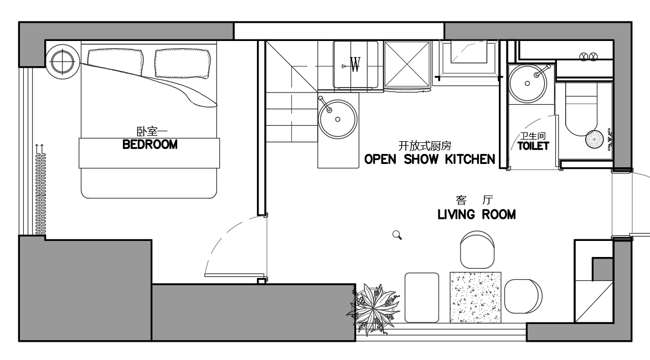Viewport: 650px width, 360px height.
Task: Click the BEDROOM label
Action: [150, 145]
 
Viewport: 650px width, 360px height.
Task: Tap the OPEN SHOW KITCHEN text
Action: [430, 159]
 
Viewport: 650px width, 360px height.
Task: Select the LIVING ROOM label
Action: [477, 214]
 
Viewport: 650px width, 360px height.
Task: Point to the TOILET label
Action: [533, 146]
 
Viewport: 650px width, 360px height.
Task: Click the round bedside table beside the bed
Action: [62, 61]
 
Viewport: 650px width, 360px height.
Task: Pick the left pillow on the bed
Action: [115, 63]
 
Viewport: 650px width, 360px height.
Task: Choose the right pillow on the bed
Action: [182, 64]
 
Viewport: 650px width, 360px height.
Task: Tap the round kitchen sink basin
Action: [337, 119]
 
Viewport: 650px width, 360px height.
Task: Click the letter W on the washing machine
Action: [355, 64]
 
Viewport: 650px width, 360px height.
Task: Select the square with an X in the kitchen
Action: [407, 65]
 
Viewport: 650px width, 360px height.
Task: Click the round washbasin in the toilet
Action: [528, 83]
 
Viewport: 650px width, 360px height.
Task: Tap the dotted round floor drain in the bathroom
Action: [595, 139]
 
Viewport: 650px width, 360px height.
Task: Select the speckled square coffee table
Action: [476, 297]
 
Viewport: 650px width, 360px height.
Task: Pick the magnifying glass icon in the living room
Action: [397, 235]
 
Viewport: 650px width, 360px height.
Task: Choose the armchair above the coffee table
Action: [477, 250]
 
